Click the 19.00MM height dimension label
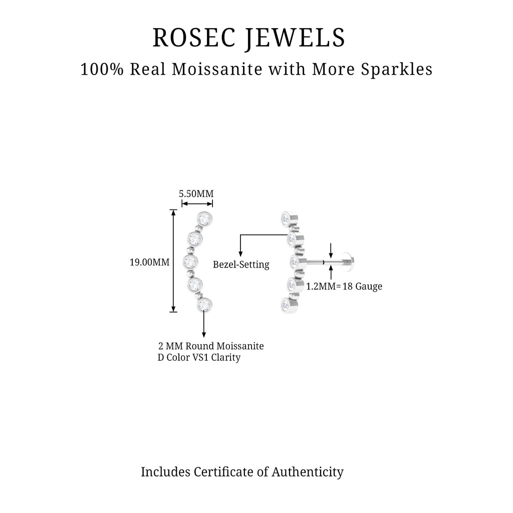tap(149, 262)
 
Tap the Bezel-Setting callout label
tap(241, 265)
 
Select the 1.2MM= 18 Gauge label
tap(344, 287)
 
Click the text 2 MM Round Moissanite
tap(211, 346)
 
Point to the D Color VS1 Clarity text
tap(199, 358)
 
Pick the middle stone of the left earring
tap(190, 262)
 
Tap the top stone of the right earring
tap(286, 218)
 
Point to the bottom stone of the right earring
tap(286, 304)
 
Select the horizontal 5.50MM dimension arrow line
tap(197, 203)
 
